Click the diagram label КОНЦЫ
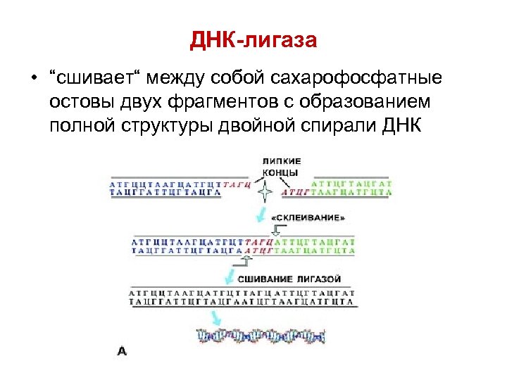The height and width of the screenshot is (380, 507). coord(280,173)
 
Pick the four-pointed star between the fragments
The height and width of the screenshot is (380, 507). coord(265,191)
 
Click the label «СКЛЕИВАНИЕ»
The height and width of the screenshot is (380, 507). coord(308,219)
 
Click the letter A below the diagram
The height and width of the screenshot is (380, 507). coord(122,350)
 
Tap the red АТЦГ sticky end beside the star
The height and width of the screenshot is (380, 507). coord(294,191)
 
